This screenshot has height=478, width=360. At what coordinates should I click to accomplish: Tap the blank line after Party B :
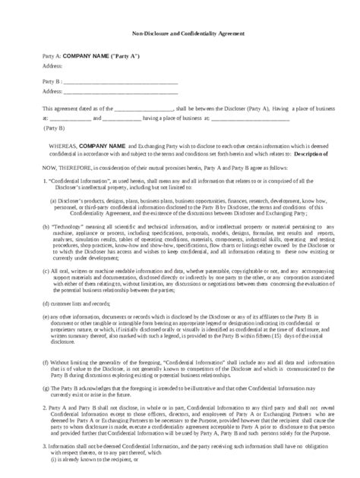tap(121, 81)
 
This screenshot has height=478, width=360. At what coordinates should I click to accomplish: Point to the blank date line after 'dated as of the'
tap(145, 109)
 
